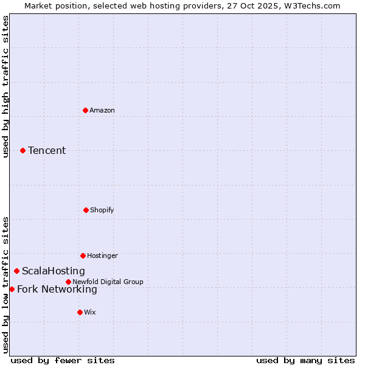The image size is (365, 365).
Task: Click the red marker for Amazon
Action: [85, 110]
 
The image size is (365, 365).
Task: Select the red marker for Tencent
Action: [23, 150]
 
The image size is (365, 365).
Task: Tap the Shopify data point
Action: [86, 210]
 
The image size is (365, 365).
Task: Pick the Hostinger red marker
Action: [83, 255]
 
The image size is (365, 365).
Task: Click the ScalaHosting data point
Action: [16, 271]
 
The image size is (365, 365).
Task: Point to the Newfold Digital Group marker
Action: [68, 282]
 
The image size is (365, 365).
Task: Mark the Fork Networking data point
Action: [12, 289]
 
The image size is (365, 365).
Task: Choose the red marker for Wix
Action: [80, 312]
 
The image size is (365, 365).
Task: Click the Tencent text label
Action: [47, 150]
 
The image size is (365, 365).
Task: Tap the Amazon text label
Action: [102, 110]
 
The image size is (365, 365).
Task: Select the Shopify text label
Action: [102, 210]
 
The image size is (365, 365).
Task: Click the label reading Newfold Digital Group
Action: [108, 282]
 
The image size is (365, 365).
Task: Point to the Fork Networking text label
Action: [57, 289]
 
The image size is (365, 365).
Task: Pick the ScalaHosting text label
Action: [54, 271]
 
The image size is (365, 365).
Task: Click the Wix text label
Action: [90, 312]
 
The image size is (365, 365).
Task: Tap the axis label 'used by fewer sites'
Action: [63, 360]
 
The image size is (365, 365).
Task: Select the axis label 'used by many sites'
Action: [305, 360]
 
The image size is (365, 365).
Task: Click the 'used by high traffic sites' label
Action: [6, 86]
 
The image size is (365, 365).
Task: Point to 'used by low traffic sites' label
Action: [6, 285]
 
